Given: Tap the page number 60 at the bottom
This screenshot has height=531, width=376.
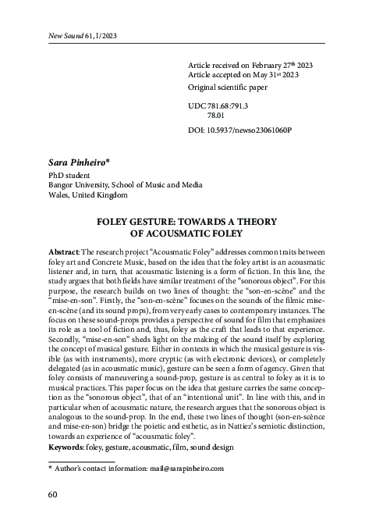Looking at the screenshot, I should click(x=53, y=494).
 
